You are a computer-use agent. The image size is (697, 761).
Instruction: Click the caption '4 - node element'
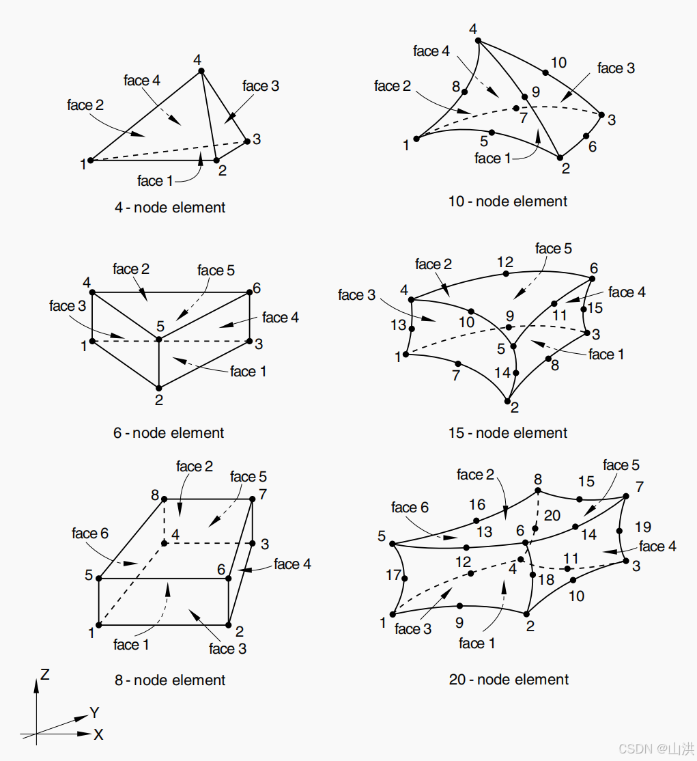pos(169,208)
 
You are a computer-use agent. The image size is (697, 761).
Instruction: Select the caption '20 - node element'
pos(509,680)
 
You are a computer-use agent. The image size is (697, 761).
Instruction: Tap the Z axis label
pos(44,675)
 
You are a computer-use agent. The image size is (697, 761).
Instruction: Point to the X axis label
pos(98,735)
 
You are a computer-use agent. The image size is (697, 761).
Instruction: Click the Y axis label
pos(95,713)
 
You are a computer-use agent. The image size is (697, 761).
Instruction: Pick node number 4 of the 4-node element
pos(197,60)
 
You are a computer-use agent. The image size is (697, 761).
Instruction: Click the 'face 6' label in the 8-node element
pos(90,534)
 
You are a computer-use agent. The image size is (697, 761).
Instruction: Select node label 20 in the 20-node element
pos(552,515)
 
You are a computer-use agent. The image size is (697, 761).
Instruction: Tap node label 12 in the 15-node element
pos(505,262)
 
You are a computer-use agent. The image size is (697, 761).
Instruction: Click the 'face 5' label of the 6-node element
pos(216,271)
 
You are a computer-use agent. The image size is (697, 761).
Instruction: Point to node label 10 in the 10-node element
pos(558,63)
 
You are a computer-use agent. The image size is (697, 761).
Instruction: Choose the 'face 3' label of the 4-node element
pos(261,86)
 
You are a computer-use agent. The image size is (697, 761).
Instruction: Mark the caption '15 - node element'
pos(508,433)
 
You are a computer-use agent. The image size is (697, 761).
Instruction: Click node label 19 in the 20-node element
pos(642,527)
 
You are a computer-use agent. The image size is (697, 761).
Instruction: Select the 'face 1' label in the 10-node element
pos(493,158)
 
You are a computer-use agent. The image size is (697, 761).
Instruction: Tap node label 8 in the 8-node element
pos(155,494)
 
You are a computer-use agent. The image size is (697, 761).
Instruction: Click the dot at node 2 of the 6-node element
pos(158,387)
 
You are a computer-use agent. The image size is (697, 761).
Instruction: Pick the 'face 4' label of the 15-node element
pos(627,292)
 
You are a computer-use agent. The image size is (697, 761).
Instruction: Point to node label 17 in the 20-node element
pos(393,575)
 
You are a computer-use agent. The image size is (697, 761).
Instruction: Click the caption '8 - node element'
pos(170,680)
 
